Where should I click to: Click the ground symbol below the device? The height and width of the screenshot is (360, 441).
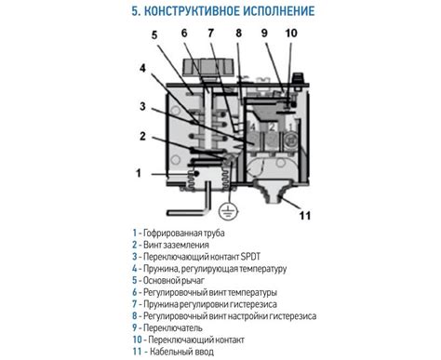pos(229,211)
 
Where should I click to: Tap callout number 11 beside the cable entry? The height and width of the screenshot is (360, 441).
pos(304,216)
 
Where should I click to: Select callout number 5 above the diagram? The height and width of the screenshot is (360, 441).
pos(154,35)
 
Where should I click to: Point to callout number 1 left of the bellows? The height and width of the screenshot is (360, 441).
pos(139,173)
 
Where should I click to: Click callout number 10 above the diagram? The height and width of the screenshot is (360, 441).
pos(291,33)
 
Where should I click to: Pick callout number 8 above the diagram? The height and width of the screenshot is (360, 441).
pos(238,33)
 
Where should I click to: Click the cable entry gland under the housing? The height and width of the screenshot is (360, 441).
pos(272,190)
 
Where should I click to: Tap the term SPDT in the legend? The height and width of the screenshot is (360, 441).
pos(250,257)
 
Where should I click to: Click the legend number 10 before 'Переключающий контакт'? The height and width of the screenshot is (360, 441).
pos(137,340)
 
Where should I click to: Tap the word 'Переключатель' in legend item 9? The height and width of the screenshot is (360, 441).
pos(173,328)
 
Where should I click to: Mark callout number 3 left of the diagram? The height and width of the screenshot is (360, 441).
pos(142,106)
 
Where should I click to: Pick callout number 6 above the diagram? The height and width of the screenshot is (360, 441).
pos(184,33)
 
